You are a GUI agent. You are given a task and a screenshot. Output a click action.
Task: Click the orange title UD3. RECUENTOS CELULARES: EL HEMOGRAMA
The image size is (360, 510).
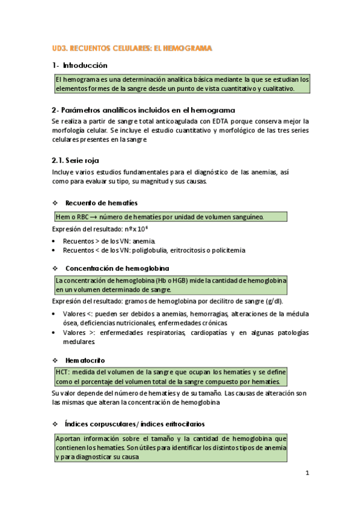132,48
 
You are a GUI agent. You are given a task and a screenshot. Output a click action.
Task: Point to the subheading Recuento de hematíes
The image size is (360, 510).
101,203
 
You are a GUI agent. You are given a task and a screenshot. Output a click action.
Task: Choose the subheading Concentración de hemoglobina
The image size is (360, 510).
117,268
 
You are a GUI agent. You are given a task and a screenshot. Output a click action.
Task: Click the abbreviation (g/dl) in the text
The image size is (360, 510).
274,301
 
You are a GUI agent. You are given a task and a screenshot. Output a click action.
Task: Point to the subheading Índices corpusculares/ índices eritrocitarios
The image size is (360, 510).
134,423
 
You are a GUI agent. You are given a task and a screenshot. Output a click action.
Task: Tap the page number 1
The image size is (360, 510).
307,473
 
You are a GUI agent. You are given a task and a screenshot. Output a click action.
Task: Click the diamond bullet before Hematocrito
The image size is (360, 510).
55,360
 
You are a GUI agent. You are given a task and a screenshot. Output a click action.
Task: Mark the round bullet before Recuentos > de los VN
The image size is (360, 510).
55,241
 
